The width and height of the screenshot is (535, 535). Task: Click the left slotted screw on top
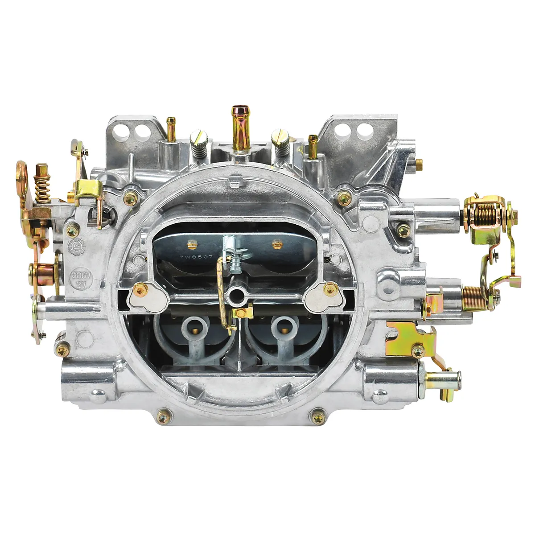[x=197, y=147]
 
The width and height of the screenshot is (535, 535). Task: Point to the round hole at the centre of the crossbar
[x=236, y=294]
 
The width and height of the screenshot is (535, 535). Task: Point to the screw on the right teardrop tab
[x=330, y=291]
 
